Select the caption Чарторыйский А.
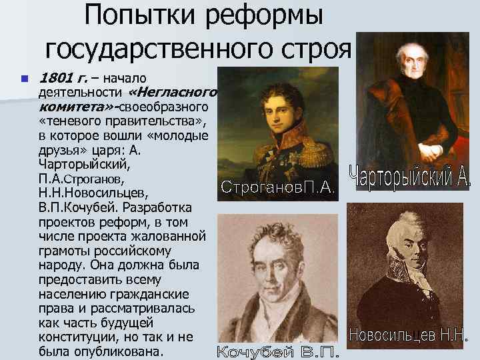tap(409, 175)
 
